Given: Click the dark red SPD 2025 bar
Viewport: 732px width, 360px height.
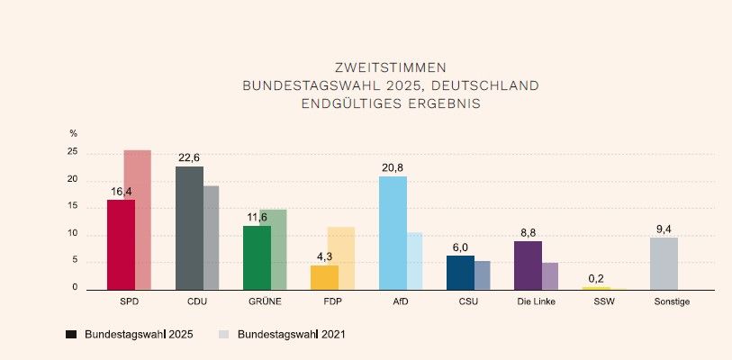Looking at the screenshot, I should click(121, 244).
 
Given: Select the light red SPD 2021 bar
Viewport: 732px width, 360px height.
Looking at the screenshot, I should click(137, 220).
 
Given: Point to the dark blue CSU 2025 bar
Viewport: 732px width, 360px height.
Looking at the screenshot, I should click(460, 272).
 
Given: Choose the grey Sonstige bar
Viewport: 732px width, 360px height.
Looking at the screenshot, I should click(664, 263).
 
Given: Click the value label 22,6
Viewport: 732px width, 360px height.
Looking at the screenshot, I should click(189, 157).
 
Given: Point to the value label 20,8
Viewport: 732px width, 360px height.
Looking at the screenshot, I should click(393, 167).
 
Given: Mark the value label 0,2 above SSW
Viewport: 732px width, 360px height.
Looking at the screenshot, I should click(596, 278).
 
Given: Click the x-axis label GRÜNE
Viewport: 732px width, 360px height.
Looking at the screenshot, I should click(264, 301).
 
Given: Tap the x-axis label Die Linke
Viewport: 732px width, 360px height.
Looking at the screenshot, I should click(535, 301).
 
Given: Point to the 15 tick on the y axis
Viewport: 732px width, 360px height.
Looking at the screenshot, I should click(73, 207).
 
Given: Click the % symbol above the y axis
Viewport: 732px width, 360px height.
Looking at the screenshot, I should click(74, 133).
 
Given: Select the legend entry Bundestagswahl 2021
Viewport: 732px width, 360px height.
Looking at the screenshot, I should click(282, 334).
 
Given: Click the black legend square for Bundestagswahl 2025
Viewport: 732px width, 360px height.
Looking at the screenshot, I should click(71, 334).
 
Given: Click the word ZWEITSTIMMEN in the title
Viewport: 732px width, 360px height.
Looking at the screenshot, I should click(390, 67).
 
